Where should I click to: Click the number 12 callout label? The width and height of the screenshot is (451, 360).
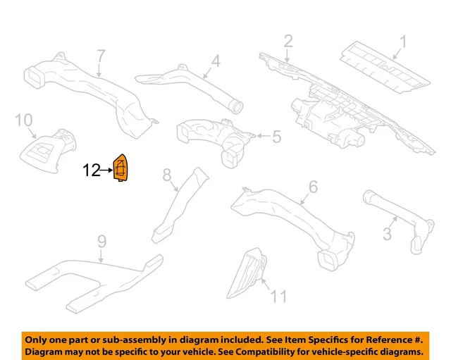92,170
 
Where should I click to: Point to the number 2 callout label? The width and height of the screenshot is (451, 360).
288,42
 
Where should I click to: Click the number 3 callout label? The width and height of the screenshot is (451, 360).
387,233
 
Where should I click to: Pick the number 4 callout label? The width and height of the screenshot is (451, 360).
216,61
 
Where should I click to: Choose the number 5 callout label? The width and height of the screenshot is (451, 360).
276,136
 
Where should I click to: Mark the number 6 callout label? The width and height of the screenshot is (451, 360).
313,187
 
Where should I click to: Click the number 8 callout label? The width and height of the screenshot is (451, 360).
167,174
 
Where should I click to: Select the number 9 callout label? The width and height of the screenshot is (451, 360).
101,242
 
